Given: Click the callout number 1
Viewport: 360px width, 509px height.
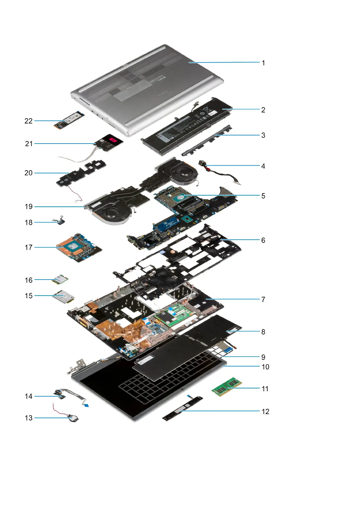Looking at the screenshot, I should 263,63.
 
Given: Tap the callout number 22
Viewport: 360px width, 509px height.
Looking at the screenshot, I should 28,121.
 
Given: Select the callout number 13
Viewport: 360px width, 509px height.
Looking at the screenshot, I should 28,418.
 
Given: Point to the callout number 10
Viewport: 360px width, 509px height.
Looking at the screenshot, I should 265,367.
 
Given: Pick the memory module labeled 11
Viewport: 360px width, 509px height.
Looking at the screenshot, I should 227,387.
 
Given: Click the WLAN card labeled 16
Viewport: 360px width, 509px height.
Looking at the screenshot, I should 60,280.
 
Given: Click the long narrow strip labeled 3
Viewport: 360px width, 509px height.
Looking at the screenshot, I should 206,141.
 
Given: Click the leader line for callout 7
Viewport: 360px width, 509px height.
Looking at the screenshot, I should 233,299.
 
